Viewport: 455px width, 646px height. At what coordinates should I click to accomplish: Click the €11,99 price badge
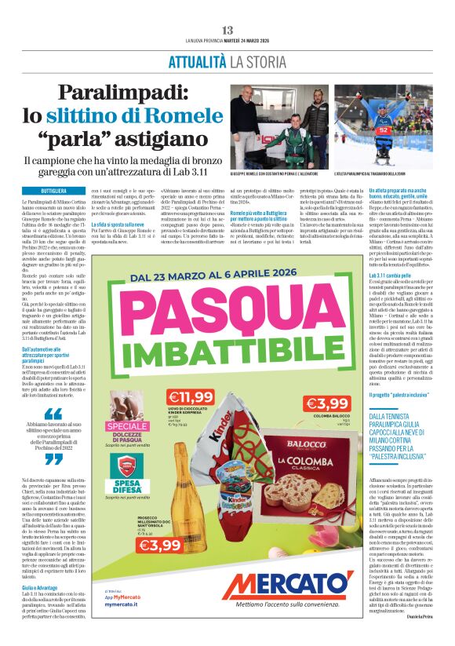pyautogui.click(x=191, y=397)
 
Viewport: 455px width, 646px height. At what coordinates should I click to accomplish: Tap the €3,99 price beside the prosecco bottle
pyautogui.click(x=162, y=544)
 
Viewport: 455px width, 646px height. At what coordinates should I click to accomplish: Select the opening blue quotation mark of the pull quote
pyautogui.click(x=53, y=413)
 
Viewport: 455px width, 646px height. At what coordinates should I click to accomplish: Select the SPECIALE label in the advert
pyautogui.click(x=128, y=427)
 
